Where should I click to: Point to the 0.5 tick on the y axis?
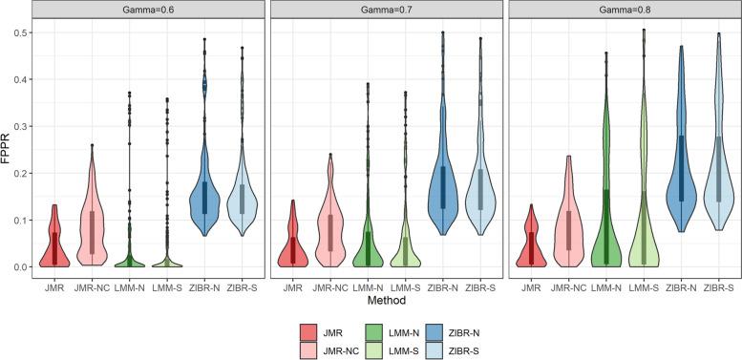coord(21,32)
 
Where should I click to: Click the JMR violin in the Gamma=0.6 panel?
coord(55,239)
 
